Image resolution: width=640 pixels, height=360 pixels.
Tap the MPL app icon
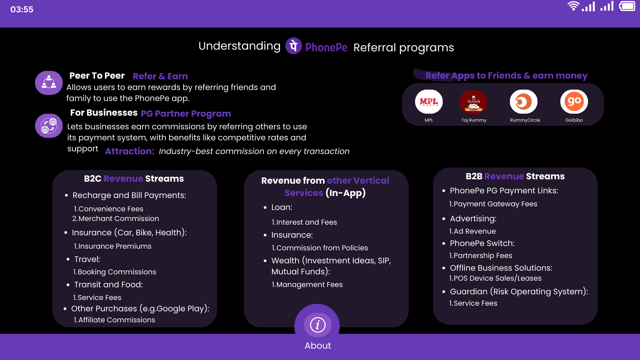429,102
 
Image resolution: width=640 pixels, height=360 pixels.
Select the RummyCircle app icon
524,102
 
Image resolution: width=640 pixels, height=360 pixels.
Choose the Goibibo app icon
574,102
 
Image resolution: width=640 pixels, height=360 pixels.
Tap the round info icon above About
317,325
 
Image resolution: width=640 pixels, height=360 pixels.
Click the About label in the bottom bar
318,346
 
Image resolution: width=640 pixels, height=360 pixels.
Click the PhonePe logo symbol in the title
293,46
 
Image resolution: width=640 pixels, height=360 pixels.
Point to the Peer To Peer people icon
49,83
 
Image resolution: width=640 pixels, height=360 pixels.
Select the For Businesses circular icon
49,126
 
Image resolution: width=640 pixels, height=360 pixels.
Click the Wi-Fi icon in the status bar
573,6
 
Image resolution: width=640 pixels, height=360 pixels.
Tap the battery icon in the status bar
627,6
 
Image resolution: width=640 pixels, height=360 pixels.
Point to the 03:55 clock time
22,9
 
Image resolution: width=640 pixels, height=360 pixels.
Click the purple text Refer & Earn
160,76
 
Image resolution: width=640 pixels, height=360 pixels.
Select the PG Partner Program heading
186,114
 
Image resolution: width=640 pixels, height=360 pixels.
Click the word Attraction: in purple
130,151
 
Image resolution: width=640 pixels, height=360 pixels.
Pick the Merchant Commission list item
116,219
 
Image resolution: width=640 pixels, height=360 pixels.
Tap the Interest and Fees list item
304,222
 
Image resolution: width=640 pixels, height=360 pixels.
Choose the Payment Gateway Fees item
493,204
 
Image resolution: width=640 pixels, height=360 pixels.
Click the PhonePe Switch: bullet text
482,243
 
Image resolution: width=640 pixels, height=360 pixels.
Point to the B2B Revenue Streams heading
515,176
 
